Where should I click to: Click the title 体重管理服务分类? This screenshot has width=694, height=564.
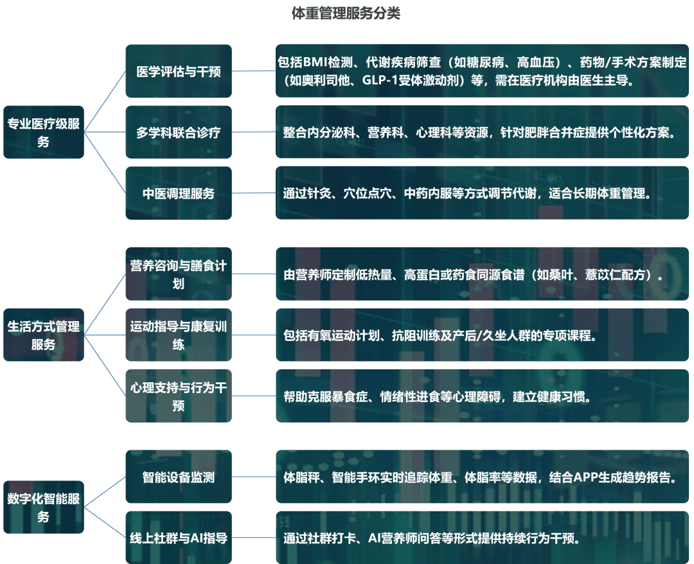click(x=346, y=13)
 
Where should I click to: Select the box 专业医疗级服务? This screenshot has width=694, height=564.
click(x=44, y=132)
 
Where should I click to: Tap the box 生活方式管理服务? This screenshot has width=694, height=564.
click(x=44, y=335)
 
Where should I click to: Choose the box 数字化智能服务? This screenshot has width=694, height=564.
click(x=44, y=507)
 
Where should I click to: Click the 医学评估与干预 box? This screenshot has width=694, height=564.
click(x=179, y=71)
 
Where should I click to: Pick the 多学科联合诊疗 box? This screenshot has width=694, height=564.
click(x=179, y=132)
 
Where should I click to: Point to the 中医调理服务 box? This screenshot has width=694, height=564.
click(x=179, y=193)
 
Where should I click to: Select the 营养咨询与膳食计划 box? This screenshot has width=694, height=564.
click(x=179, y=274)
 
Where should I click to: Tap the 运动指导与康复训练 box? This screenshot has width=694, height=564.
click(x=179, y=335)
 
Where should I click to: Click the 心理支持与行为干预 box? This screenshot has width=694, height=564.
click(x=179, y=396)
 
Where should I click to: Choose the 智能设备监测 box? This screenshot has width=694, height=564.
click(x=179, y=477)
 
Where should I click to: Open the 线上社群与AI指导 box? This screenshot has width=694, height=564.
click(x=179, y=538)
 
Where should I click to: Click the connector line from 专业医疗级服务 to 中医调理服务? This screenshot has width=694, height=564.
click(x=105, y=163)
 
